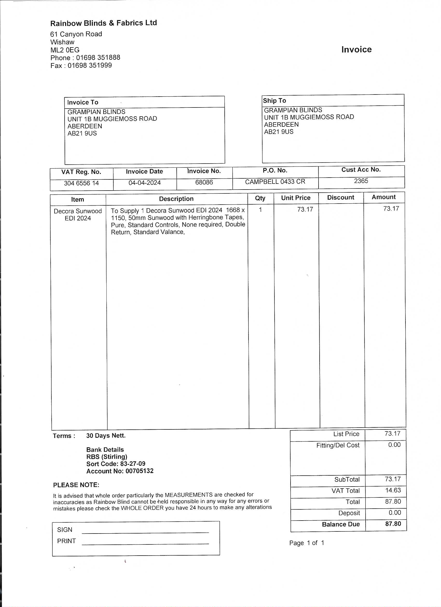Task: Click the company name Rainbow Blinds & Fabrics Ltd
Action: coord(104,23)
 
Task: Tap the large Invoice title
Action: coord(356,50)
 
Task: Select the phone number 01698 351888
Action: coord(98,58)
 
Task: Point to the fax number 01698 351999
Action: coord(89,65)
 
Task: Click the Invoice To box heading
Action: coord(83,102)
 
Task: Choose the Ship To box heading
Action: coord(274,101)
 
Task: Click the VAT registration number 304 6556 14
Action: coord(81,183)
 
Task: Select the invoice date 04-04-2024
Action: coord(144,183)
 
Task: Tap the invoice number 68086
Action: coord(204,182)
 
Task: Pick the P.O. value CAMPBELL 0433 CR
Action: coord(275,182)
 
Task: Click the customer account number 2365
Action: coord(361,181)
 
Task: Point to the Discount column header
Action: coord(340,198)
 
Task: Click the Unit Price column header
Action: coord(295,198)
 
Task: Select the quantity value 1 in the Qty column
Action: coord(260,210)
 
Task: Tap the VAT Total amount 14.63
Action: coord(393,490)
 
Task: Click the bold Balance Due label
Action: coord(341,524)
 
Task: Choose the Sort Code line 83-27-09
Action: coord(116,464)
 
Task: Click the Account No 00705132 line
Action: coord(120,471)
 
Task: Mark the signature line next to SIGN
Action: coord(145,532)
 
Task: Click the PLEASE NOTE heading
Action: coord(76,485)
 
